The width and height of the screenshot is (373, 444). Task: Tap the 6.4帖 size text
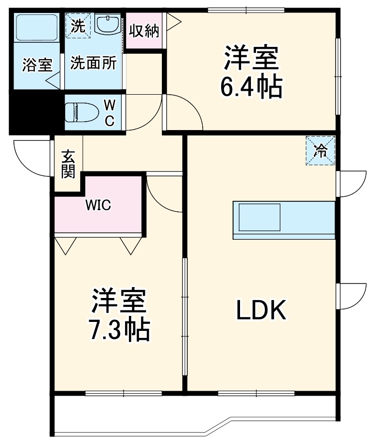click(251, 88)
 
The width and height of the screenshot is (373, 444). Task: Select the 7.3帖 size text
click(119, 329)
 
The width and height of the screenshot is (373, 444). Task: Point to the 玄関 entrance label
click(68, 164)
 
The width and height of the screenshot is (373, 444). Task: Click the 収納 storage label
click(144, 31)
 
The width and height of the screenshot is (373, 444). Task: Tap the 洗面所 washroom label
click(93, 64)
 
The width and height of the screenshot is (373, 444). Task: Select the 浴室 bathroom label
click(37, 65)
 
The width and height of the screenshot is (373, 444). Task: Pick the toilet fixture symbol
click(80, 112)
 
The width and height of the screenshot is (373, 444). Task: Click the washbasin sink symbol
click(108, 25)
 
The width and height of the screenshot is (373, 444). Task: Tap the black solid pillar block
click(32, 113)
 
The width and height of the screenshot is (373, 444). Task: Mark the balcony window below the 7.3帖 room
click(124, 393)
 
